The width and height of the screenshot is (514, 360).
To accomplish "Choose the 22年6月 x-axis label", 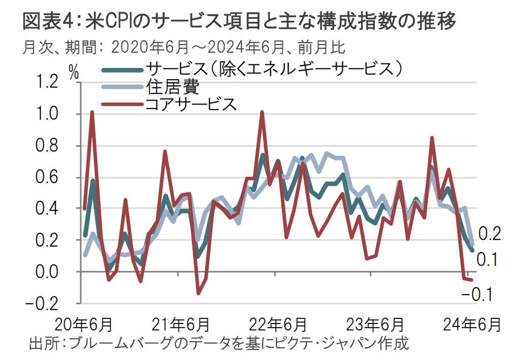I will point(278,323).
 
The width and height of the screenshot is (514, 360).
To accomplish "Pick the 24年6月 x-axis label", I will point(471,323).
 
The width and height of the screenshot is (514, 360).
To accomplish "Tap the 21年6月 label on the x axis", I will point(181,323).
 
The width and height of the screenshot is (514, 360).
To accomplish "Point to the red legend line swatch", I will point(122,105).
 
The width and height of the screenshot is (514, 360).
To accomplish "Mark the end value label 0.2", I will point(490,234).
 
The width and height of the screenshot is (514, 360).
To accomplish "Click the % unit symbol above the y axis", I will point(75,72).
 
